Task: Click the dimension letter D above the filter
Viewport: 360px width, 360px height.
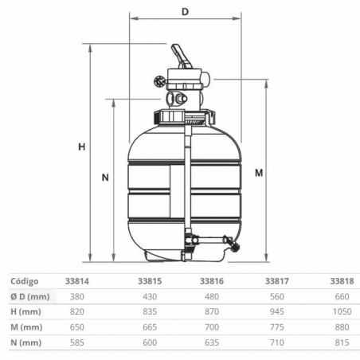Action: click(x=185, y=12)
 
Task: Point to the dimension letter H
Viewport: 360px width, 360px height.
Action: click(x=82, y=147)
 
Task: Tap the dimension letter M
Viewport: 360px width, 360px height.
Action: click(x=259, y=173)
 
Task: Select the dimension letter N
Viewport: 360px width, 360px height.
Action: click(x=105, y=178)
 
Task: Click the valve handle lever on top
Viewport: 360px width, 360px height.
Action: click(x=181, y=57)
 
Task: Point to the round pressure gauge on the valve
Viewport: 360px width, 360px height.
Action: click(x=159, y=81)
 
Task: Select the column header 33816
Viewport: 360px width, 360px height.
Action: click(x=212, y=281)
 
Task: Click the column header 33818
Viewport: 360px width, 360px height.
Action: click(x=342, y=281)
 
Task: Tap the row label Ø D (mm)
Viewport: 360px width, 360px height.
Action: click(x=30, y=296)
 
